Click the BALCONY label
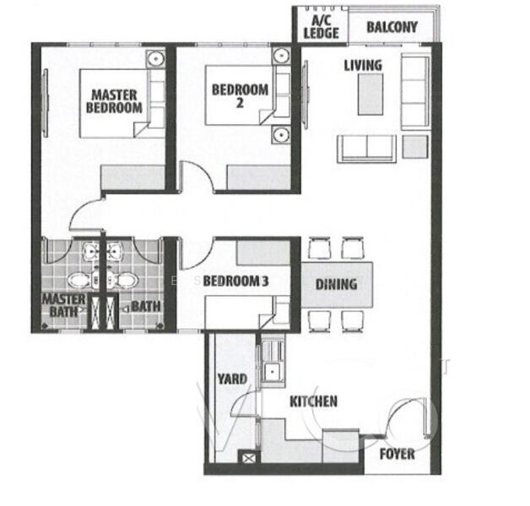392,27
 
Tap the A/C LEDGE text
321,27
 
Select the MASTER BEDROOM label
114,101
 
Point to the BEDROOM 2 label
240,95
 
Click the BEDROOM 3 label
235,281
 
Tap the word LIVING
363,66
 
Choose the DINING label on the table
337,284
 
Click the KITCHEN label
314,401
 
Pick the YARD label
232,379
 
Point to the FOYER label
397,454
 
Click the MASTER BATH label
63,305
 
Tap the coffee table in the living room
370,94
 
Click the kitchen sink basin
273,372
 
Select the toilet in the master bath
80,280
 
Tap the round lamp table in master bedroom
156,59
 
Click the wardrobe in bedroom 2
259,177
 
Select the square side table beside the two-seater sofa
415,147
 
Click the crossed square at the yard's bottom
249,458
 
